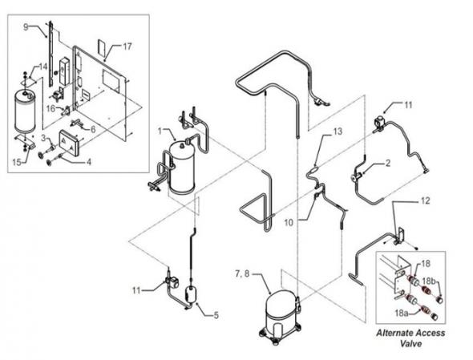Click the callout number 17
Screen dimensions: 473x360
pos(127,47)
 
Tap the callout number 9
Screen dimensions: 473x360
pos(26,27)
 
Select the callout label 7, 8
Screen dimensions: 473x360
pos(243,274)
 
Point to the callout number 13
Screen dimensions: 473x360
pos(338,131)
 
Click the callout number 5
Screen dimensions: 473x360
pos(216,316)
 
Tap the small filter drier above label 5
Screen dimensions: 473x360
pos(190,293)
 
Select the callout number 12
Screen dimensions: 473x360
pos(425,200)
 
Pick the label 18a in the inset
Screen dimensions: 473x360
pos(402,313)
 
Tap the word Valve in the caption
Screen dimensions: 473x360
pos(410,343)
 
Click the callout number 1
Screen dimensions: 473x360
pos(160,131)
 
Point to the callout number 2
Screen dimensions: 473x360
pos(388,163)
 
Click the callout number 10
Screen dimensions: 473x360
pos(289,223)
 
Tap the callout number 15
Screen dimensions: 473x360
pos(17,162)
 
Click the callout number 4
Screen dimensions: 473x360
pos(89,162)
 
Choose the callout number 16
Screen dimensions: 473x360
pos(51,108)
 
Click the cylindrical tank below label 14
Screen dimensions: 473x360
pos(25,111)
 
